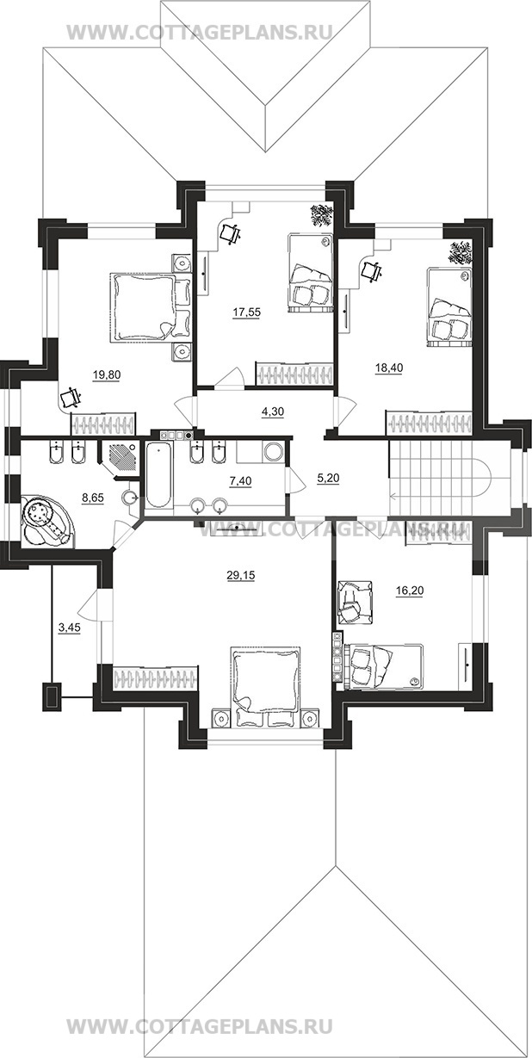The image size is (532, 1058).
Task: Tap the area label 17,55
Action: (246, 312)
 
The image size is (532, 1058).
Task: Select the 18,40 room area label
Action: (388, 368)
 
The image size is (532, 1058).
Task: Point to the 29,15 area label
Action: (241, 575)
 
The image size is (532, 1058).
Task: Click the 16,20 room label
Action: (409, 591)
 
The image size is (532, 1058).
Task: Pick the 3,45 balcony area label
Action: (69, 628)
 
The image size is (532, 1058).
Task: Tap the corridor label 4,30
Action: (273, 411)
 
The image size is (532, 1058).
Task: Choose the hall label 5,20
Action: (329, 478)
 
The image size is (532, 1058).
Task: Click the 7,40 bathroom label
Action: (240, 481)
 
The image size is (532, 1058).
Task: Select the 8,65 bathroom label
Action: (93, 498)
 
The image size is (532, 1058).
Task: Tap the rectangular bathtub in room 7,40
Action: (158, 475)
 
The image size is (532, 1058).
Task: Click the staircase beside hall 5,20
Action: (440, 477)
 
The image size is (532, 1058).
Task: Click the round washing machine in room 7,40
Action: (273, 451)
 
